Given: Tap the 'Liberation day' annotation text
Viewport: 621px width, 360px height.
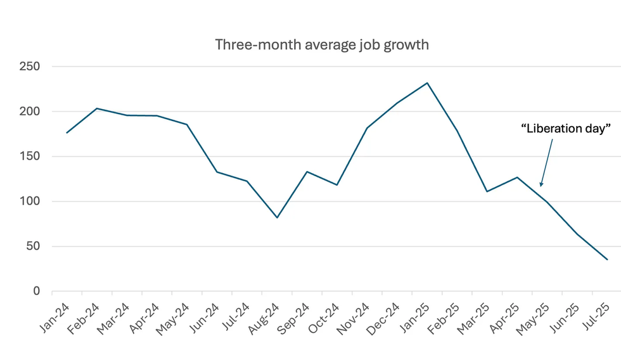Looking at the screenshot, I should point(565,129).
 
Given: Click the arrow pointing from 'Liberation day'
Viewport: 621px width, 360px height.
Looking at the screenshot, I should point(546,163).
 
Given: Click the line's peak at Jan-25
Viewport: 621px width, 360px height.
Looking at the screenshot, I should point(428,83).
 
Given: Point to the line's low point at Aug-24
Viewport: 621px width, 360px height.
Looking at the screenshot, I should point(277,217).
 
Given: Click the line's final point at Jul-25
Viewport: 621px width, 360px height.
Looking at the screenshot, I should point(607,259).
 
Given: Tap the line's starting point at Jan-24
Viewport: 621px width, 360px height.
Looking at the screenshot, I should point(67,132).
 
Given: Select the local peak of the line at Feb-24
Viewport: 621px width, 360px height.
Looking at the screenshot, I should point(97,108).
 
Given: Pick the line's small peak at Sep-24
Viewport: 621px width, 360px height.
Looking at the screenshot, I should point(307,172).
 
